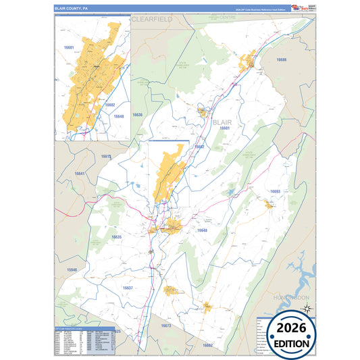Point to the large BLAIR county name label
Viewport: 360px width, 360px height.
pyautogui.click(x=223, y=122)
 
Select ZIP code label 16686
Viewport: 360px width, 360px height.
pyautogui.click(x=281, y=61)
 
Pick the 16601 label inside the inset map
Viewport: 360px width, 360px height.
pyautogui.click(x=68, y=49)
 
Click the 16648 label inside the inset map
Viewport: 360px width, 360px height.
pyautogui.click(x=119, y=117)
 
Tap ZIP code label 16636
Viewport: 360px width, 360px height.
pyautogui.click(x=138, y=115)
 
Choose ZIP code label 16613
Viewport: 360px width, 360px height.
pyautogui.click(x=105, y=157)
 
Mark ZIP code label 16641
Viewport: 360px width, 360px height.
pyautogui.click(x=80, y=174)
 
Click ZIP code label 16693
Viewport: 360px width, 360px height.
pyautogui.click(x=275, y=192)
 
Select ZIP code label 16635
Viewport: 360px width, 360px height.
pyautogui.click(x=116, y=237)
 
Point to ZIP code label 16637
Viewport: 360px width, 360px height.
pyautogui.click(x=128, y=288)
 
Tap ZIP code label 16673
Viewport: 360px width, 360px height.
pyautogui.click(x=166, y=326)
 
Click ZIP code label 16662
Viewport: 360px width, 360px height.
pyautogui.click(x=207, y=345)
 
